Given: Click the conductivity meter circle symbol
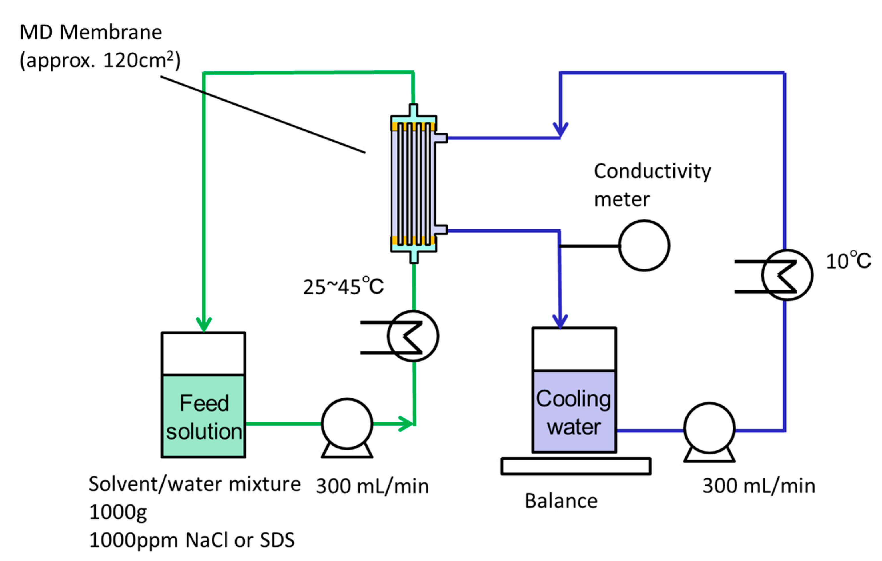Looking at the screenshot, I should [x=644, y=246].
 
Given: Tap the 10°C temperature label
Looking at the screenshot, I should [x=848, y=261].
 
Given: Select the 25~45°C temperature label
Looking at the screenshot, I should [x=343, y=287].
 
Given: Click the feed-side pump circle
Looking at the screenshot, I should [x=347, y=424].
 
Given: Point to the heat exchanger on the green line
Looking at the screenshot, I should [x=413, y=336].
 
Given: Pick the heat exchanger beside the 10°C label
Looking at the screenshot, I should [x=787, y=275].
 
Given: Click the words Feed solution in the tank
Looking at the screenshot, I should [x=204, y=417].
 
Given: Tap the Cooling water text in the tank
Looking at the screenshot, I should [x=574, y=413].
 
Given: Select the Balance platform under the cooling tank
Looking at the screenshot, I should [x=576, y=466].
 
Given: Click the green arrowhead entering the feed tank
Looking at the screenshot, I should [x=204, y=324].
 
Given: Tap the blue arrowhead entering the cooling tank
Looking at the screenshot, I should [x=560, y=322].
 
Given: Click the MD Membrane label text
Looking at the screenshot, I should [x=91, y=32].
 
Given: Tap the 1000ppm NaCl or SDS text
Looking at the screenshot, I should [x=192, y=540].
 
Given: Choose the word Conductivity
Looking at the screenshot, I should [x=652, y=171].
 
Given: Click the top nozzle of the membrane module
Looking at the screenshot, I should [x=413, y=110].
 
